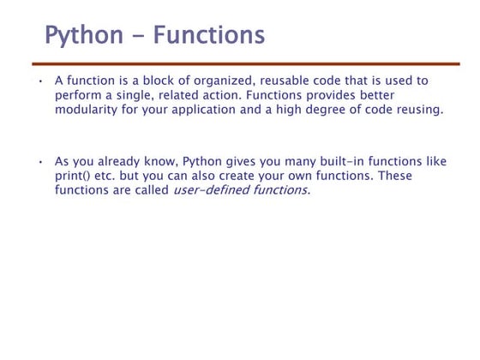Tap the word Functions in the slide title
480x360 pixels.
click(209, 36)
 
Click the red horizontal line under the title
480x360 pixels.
click(245, 63)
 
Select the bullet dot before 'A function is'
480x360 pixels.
click(39, 81)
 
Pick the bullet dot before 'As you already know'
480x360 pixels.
click(39, 161)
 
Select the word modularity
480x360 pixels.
click(89, 110)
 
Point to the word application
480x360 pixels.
click(218, 110)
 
